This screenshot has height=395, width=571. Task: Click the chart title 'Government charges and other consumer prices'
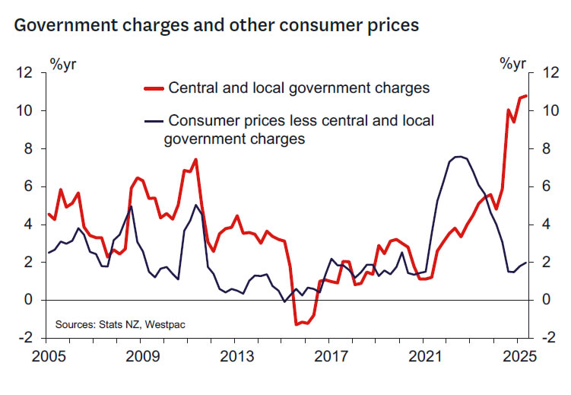217,25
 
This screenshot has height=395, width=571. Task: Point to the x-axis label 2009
143,357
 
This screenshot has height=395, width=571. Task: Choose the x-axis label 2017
331,357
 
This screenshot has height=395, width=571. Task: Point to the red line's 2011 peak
196,160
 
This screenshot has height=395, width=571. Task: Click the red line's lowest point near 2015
296,324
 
